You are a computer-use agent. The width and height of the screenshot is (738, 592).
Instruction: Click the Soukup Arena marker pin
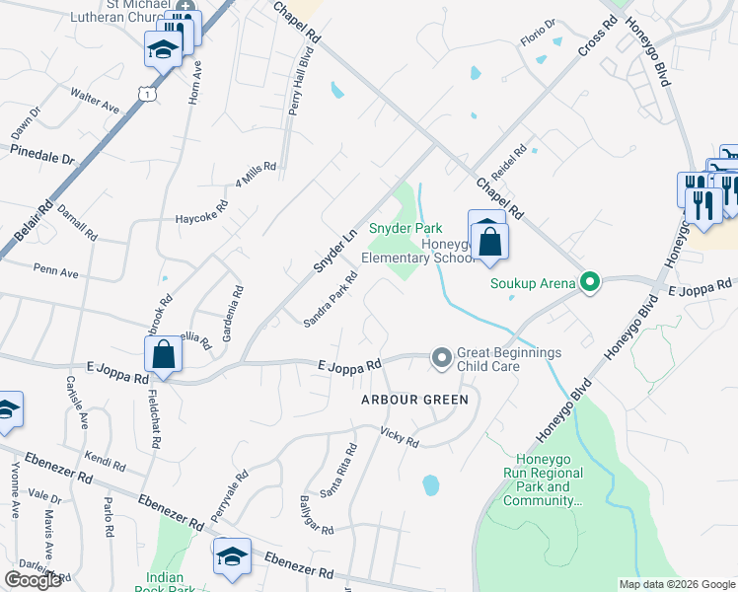pos(590,283)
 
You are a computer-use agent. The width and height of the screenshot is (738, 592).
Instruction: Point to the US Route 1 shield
pos(146,93)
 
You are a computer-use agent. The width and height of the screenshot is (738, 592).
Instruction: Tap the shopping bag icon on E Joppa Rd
pos(162,355)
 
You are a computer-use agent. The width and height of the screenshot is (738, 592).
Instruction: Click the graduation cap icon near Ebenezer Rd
pos(232,558)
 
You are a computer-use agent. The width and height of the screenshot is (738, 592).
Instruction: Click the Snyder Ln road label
pos(333,252)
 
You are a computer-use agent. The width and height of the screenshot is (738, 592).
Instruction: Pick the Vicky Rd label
pos(400,437)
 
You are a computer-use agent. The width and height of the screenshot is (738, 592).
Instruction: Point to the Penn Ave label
pos(55,270)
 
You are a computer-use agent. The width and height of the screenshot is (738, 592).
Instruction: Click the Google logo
pos(34,580)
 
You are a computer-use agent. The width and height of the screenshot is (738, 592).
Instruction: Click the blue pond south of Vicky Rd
pos(430,485)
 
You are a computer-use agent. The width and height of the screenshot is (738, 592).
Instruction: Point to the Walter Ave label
pos(94,98)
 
